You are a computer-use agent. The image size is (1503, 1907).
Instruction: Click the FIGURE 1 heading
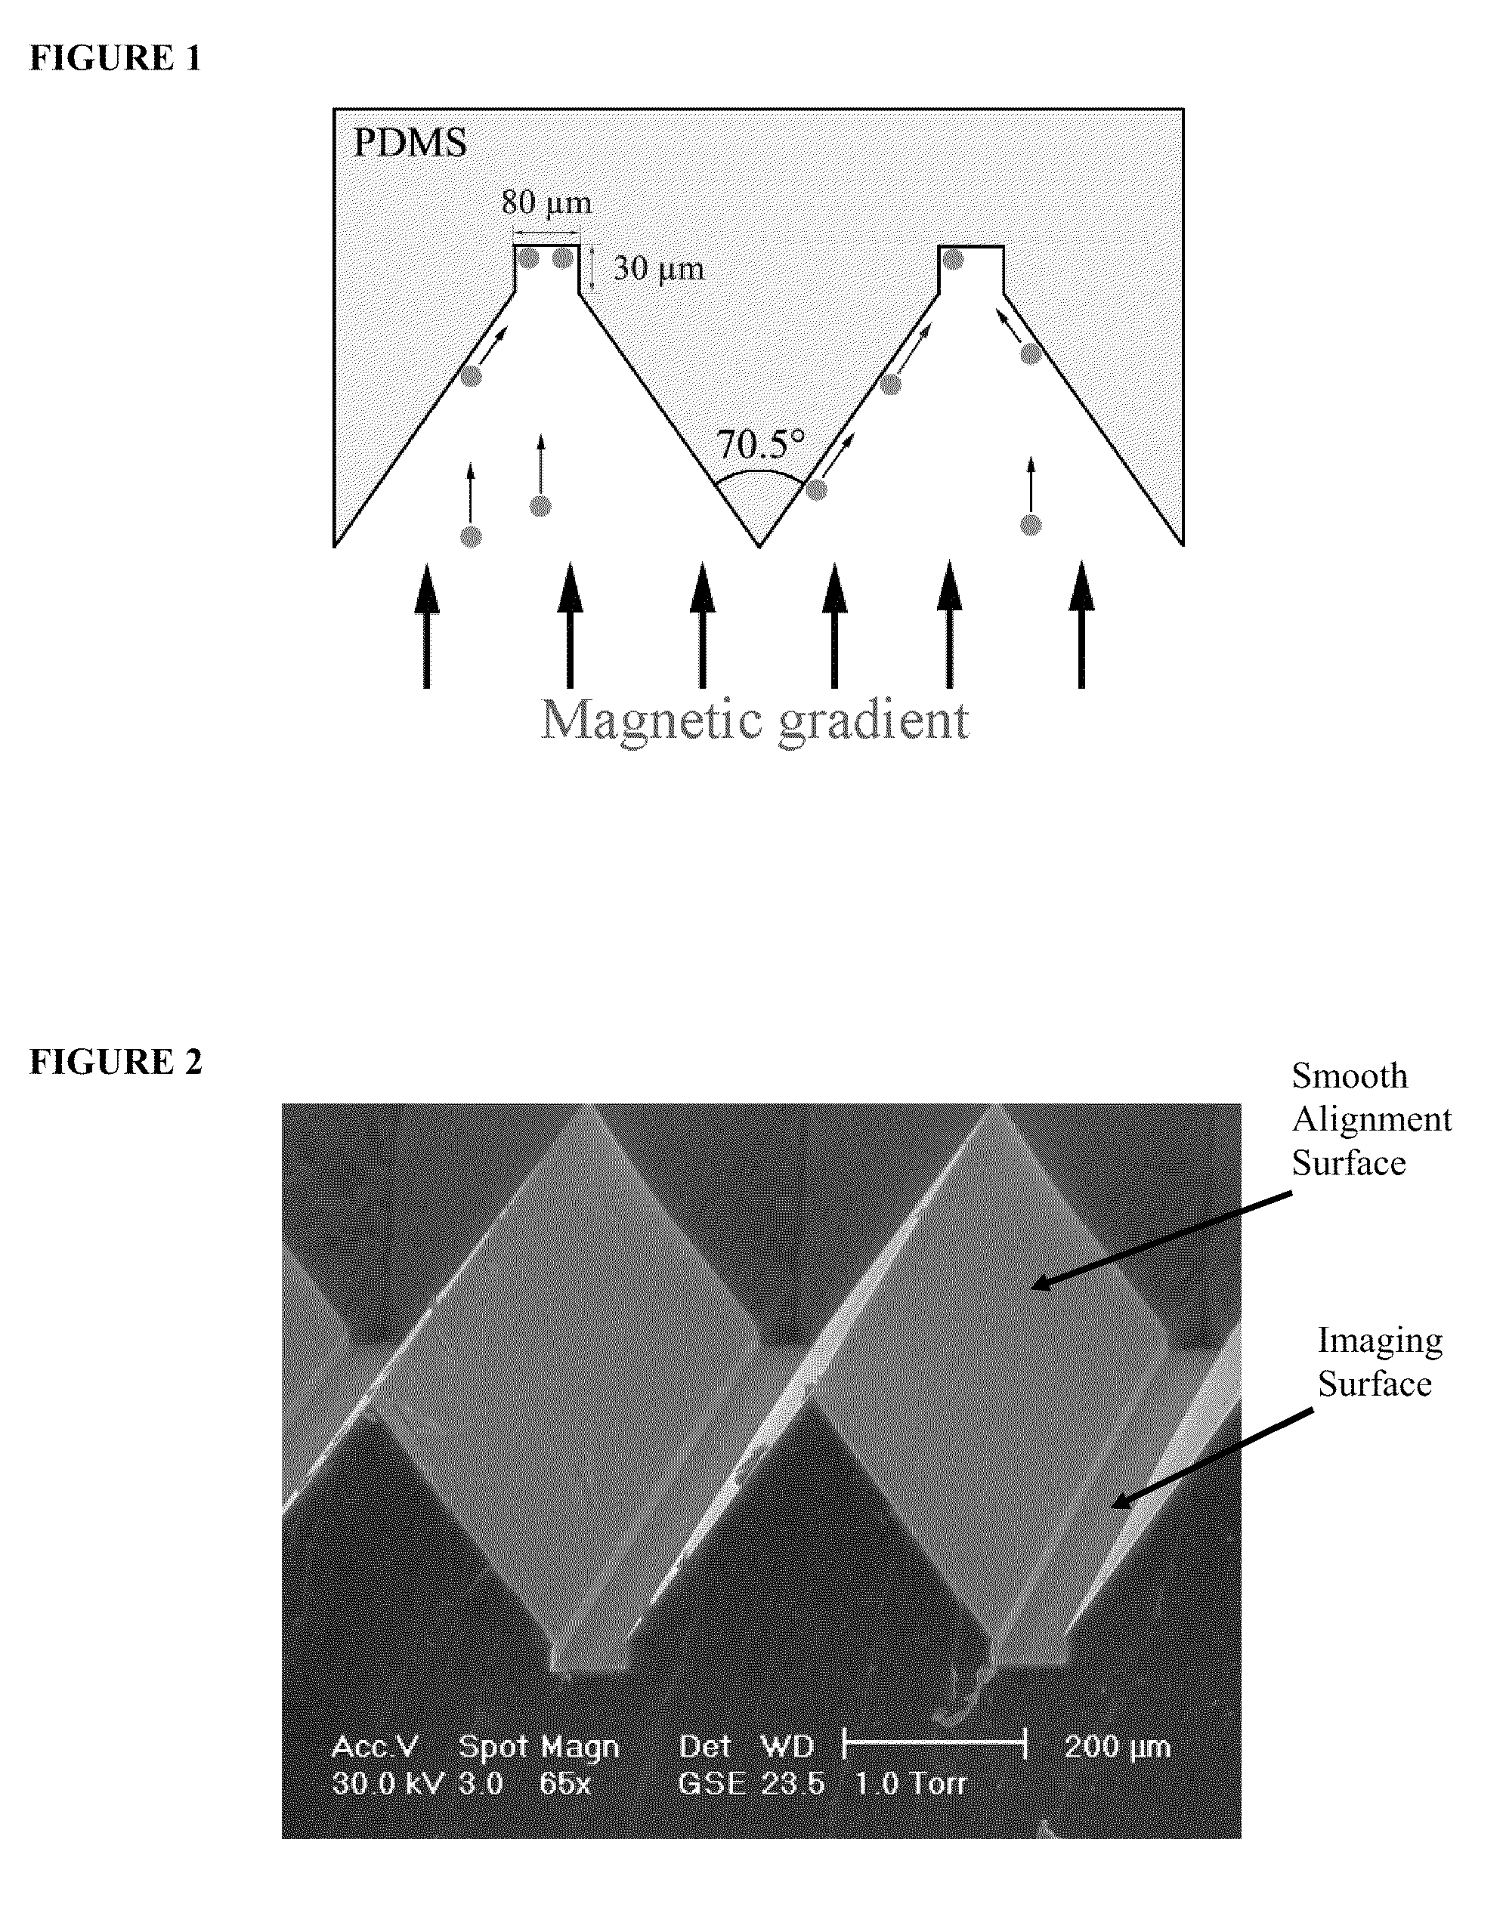coord(116,58)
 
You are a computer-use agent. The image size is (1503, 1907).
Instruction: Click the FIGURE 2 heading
coord(116,1062)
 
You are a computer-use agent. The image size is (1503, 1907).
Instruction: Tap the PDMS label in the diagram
coord(410,143)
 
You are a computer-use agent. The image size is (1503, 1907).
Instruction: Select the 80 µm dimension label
coord(546,203)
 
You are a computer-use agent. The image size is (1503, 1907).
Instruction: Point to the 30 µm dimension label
coord(658,267)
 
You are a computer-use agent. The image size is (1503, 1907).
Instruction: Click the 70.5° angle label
coord(760,444)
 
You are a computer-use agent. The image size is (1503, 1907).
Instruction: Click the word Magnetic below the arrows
coord(651,721)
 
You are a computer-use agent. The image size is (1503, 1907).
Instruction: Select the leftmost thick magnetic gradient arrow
coord(427,625)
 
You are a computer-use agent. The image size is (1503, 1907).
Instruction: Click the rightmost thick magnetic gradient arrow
coord(1081,625)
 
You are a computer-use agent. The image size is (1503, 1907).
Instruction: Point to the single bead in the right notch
coord(953,258)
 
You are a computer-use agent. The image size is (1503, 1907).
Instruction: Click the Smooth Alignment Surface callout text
coord(1370,1119)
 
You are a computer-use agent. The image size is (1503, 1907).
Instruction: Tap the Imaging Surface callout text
coord(1379,1362)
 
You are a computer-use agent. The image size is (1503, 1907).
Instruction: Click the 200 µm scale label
coord(1117,1746)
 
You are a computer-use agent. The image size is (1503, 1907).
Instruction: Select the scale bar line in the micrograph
coord(935,1742)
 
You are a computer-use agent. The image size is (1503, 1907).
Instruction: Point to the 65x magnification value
coord(564,1783)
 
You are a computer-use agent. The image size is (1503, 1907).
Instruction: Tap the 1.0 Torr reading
coord(910,1783)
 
